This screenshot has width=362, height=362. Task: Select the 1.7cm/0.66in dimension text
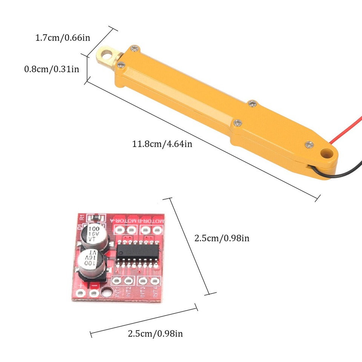[x=62, y=38]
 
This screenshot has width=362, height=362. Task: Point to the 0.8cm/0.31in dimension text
[x=52, y=69]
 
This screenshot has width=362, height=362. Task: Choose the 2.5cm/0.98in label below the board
[x=155, y=333]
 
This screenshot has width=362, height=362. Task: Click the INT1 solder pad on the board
[x=117, y=280]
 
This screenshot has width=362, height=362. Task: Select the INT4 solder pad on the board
[x=153, y=281]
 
